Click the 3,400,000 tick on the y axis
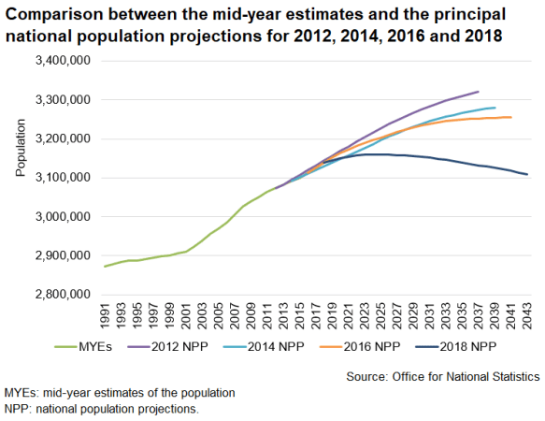62,61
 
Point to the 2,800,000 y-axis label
62,295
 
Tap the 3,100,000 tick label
62,178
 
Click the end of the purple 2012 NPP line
479,92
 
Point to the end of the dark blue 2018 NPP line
527,174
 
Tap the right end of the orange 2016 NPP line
511,117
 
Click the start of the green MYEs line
105,267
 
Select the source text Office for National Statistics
466,375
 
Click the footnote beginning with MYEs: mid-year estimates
120,393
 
